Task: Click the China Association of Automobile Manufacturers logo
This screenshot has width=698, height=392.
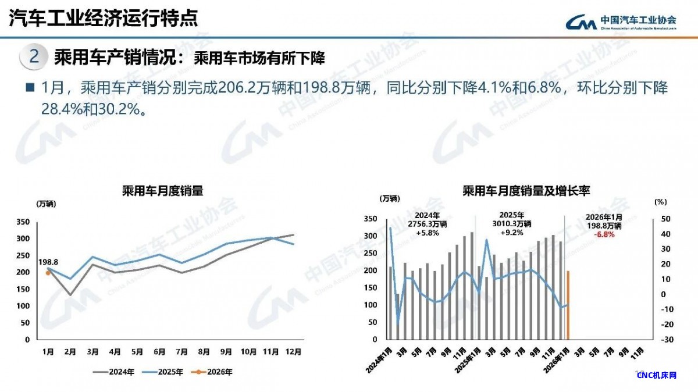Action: [621, 22]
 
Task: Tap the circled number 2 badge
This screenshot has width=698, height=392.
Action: [34, 57]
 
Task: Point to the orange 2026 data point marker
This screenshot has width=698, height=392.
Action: [48, 272]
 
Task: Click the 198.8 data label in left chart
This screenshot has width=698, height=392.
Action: [48, 262]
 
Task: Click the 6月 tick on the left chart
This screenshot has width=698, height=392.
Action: [159, 351]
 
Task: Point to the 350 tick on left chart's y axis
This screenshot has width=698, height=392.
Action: [38, 222]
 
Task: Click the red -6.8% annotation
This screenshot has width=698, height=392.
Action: [604, 234]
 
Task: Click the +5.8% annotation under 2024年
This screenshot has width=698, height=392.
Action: [427, 232]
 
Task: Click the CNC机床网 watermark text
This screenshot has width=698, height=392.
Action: [657, 375]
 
